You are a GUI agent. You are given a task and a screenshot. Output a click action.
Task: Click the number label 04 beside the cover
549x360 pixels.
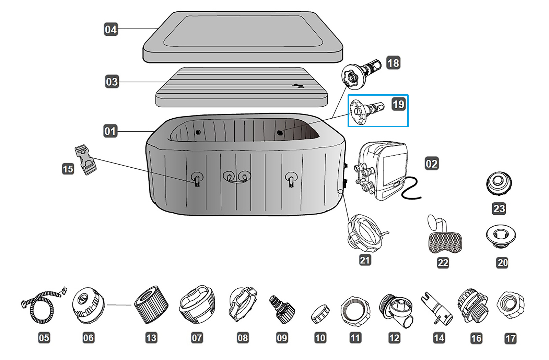coord(111,29)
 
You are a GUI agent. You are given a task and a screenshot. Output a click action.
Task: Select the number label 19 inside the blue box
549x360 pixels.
coord(398,104)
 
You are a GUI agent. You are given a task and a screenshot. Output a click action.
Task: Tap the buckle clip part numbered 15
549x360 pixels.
coord(86,160)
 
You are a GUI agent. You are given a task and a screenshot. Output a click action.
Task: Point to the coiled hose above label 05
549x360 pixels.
coord(42,306)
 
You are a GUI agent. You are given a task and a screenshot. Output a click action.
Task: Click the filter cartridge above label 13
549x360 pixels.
coord(151,304)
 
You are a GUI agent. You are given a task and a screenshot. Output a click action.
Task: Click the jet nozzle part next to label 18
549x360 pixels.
coord(360,73)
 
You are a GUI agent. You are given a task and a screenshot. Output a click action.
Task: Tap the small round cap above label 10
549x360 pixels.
coord(320,314)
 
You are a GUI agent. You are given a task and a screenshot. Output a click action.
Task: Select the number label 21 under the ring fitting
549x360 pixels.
coord(365,260)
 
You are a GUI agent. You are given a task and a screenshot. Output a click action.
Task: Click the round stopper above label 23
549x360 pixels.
coord(499,183)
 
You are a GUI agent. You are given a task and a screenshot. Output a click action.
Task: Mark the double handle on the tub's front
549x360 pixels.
coord(237,177)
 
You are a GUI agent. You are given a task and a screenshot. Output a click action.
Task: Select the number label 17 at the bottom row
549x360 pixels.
coord(511,338)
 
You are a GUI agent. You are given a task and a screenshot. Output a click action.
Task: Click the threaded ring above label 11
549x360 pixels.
coord(355,311)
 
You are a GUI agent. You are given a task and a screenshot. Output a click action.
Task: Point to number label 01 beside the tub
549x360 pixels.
coord(110,131)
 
